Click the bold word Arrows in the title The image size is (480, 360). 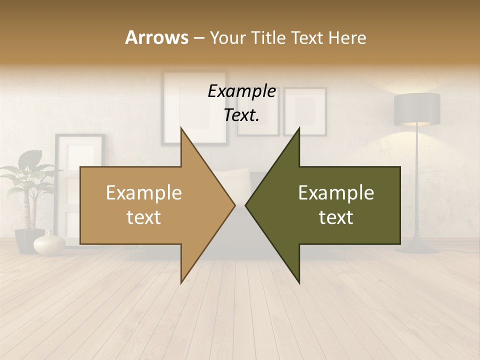point(156,37)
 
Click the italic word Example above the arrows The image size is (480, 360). point(241,91)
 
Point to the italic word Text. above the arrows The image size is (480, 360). point(241,115)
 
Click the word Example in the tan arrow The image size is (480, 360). point(144,192)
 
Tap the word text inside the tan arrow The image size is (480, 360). point(144,217)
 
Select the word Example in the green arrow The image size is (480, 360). point(336,192)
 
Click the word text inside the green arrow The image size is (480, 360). point(336,217)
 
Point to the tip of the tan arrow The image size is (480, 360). point(234,205)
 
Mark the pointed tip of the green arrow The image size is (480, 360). point(246,205)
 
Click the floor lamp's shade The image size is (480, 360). point(417,109)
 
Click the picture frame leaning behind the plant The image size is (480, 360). point(80,150)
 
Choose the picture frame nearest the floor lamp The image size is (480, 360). point(305,111)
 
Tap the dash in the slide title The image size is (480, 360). point(198,37)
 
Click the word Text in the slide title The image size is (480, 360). point(309,37)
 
